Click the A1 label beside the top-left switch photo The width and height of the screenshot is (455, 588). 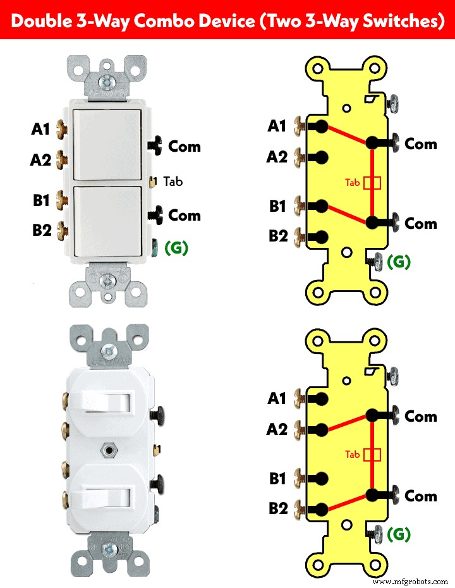(40, 130)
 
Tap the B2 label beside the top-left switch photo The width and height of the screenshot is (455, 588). (42, 230)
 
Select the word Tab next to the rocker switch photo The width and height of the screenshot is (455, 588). (173, 181)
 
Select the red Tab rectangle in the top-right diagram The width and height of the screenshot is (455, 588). (373, 183)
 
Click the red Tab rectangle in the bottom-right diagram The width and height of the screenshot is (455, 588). (373, 455)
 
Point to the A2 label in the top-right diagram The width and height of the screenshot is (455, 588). (277, 156)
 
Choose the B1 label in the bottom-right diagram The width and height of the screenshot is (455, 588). (277, 479)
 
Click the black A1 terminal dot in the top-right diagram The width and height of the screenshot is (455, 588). (321, 126)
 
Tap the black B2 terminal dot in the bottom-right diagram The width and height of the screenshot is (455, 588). (321, 509)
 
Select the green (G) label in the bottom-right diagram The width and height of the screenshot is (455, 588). (399, 534)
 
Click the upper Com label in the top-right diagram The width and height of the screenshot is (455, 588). (421, 144)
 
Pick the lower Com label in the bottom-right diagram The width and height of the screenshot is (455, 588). (421, 496)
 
